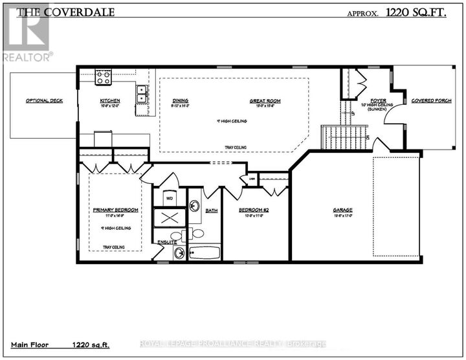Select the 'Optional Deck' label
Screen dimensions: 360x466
click(x=44, y=101)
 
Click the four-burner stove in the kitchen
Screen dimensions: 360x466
click(x=103, y=78)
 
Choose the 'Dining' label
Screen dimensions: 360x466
click(x=180, y=101)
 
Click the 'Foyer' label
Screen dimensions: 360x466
click(x=379, y=101)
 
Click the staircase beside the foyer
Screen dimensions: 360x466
click(x=344, y=137)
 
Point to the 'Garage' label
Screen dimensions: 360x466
click(x=342, y=210)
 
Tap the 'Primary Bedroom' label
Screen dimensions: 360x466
click(x=115, y=210)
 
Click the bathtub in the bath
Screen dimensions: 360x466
click(x=205, y=253)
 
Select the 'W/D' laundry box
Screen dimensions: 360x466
click(x=170, y=199)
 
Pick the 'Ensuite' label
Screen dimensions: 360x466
click(x=167, y=242)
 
